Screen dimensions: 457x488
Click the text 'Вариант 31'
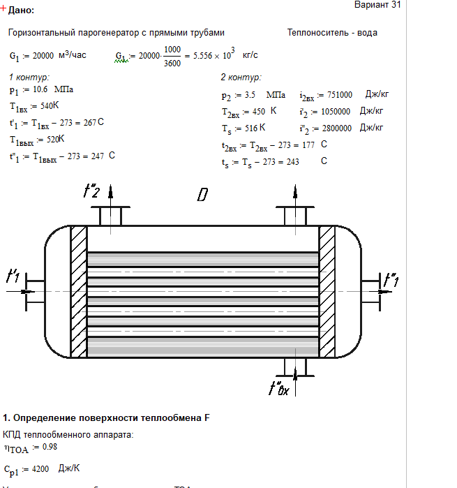[x=377, y=5]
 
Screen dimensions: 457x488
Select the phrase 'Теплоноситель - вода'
[x=332, y=33]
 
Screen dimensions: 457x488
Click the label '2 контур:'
[x=241, y=77]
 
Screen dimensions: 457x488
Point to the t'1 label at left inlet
[x=13, y=276]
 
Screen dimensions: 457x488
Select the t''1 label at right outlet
[x=392, y=280]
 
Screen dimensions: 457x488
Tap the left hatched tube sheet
[x=78, y=291]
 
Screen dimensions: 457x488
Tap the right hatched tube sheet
[x=327, y=291]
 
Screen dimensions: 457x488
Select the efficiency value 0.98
[x=49, y=447]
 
